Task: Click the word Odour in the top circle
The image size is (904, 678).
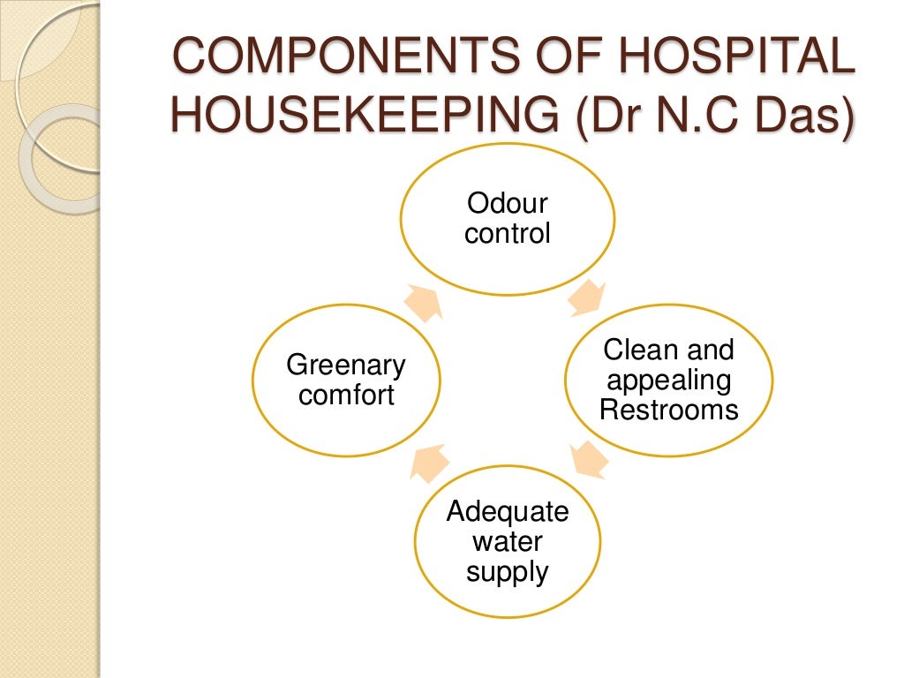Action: (508, 204)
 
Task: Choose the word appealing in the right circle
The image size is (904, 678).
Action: (668, 380)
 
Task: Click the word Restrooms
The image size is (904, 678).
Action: (668, 409)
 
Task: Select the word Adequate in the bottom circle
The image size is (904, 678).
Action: (508, 511)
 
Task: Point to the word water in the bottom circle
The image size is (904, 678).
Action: (508, 541)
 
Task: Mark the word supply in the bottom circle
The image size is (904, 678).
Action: (508, 571)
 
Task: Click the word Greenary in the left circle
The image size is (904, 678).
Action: (347, 365)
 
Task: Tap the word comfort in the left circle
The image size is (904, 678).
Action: (347, 395)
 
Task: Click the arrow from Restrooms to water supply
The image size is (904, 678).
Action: (589, 460)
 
